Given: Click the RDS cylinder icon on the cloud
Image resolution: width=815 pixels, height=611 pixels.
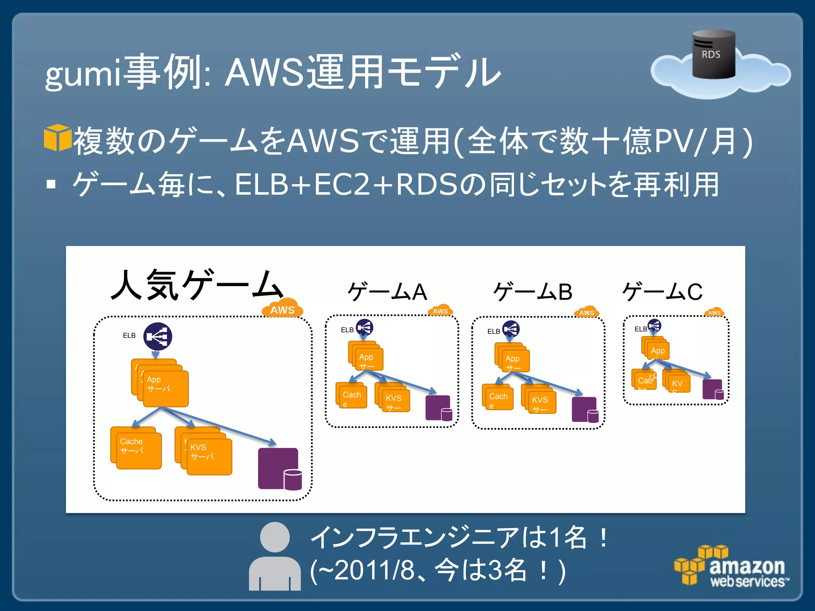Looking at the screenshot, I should coord(714,54).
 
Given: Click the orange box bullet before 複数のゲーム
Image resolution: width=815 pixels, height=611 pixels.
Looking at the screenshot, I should coord(57,138).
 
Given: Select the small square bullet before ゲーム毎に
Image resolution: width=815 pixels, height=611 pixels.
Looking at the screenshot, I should coord(51,184).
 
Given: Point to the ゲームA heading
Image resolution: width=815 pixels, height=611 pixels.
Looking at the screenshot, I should coord(387,292).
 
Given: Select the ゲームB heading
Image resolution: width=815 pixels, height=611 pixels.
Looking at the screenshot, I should coord(532,292).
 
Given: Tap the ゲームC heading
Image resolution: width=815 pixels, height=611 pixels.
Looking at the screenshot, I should coord(662,292).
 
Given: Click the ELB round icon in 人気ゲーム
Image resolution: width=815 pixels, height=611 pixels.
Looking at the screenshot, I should coord(158,336).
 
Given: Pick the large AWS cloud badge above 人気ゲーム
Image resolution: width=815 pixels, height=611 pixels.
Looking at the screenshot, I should coord(283,308).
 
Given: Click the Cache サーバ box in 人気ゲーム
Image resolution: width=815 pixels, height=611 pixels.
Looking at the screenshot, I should coord(136,448).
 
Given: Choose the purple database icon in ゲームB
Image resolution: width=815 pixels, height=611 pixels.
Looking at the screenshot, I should coord(585,409).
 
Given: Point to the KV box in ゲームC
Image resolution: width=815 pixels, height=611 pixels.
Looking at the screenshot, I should coord(679,383).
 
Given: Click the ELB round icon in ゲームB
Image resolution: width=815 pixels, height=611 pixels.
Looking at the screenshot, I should coord(511,329).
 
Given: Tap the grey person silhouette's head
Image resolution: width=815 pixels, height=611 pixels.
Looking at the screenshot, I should coord(275,537).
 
